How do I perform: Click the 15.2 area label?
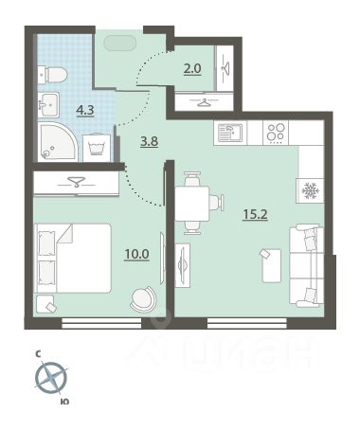point(255,215)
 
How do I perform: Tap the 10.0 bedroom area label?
point(136,254)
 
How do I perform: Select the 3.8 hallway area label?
point(150,141)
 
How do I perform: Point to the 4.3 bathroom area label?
point(85,110)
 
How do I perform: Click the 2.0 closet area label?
point(192,68)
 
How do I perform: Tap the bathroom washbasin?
point(48,104)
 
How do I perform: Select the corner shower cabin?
point(57,141)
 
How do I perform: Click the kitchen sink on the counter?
point(230,133)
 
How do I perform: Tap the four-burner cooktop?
point(276,133)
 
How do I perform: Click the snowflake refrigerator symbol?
point(311,190)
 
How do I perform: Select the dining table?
point(192,204)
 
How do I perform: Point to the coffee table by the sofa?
point(271,265)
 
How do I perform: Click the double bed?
point(73,259)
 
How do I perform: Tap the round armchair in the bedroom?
point(143,299)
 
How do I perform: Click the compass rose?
point(51,378)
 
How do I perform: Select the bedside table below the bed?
point(45,304)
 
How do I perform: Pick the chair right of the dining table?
point(216,202)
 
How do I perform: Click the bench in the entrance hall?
point(119,43)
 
